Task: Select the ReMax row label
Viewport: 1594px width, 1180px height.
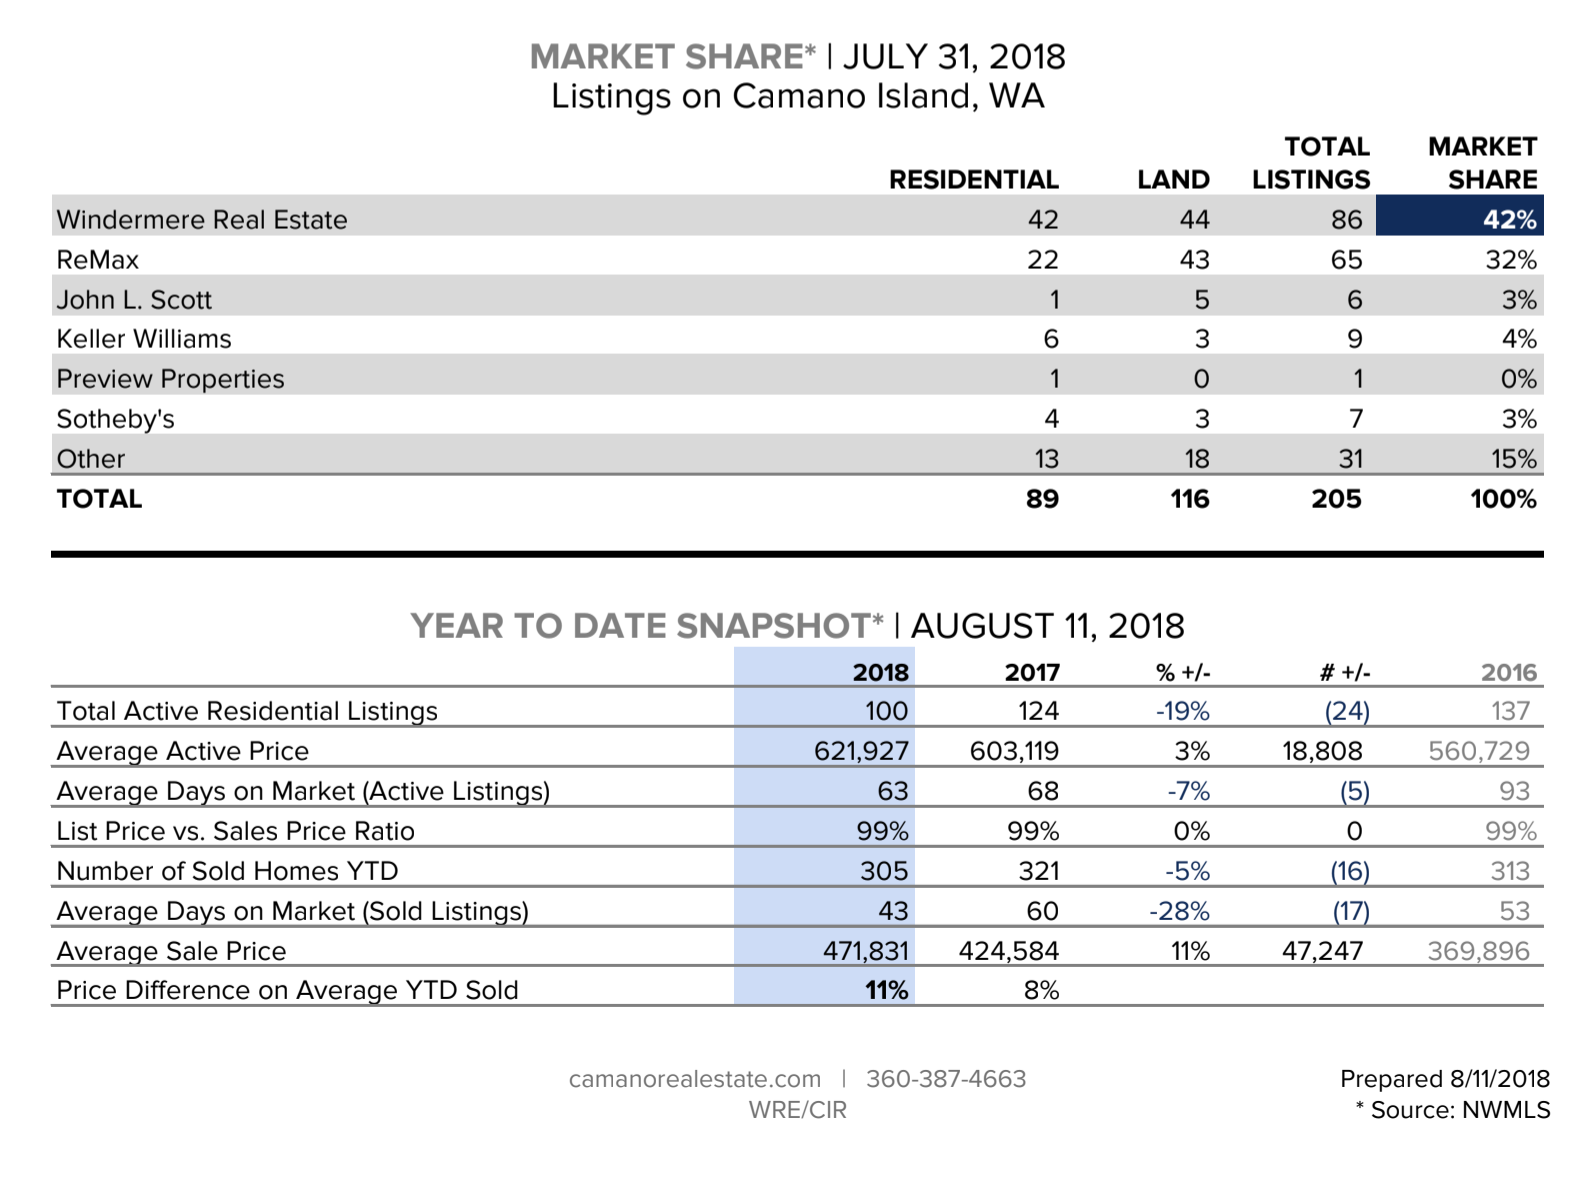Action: (x=98, y=260)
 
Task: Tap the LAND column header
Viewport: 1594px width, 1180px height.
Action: (x=1173, y=180)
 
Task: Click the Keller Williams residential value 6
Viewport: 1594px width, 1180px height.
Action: (x=1050, y=339)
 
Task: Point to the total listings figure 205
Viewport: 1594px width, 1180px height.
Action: (x=1336, y=499)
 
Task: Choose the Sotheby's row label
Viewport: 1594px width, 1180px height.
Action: (x=115, y=419)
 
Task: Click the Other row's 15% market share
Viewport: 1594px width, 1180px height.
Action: (x=1513, y=459)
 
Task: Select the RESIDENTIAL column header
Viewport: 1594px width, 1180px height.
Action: (x=973, y=180)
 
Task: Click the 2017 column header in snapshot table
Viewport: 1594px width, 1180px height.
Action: (x=1032, y=672)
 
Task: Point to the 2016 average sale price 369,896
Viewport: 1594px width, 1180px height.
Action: (x=1478, y=951)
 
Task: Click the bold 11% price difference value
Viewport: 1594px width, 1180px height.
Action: (x=886, y=990)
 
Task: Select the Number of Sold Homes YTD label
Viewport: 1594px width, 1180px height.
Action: (x=227, y=871)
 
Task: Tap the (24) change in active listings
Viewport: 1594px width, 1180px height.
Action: (x=1347, y=711)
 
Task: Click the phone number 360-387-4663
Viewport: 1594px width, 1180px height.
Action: (x=946, y=1079)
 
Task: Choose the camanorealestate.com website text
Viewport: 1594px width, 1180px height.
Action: (x=694, y=1079)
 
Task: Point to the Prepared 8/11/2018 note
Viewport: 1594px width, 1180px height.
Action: (x=1444, y=1079)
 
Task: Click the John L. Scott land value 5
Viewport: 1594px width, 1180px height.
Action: (x=1201, y=300)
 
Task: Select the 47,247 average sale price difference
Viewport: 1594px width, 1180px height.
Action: (x=1322, y=951)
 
